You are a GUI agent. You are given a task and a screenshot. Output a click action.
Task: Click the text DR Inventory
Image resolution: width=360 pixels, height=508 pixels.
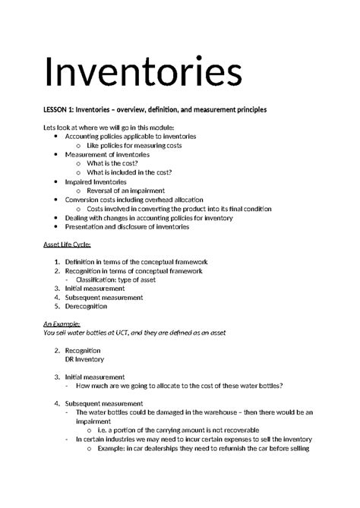(x=84, y=359)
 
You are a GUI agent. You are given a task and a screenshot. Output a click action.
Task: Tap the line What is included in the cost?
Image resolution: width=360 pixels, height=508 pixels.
(x=134, y=172)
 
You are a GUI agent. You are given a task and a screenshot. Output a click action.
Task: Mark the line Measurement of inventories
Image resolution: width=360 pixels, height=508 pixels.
(x=107, y=154)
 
